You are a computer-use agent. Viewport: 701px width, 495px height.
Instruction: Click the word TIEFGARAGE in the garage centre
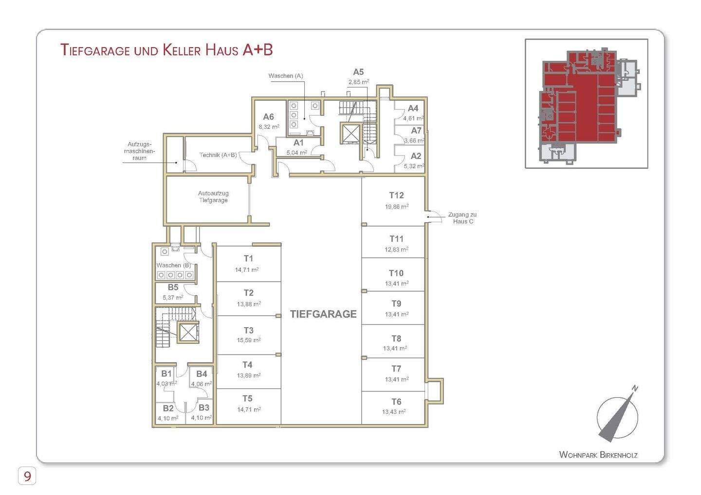coord(323,314)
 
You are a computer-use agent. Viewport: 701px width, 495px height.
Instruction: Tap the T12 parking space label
coord(396,195)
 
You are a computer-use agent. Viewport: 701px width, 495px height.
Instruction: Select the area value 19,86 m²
coord(397,207)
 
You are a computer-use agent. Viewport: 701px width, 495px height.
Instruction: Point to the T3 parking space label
coord(248,330)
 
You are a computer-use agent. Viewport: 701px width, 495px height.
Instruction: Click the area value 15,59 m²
coord(249,340)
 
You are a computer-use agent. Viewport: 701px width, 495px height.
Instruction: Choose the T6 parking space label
coord(396,402)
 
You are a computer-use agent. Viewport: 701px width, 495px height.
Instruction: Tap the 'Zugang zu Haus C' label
coord(462,218)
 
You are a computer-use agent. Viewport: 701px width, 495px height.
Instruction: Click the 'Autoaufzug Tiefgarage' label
coord(213,196)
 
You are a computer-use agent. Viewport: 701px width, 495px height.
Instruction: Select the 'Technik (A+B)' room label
coord(218,155)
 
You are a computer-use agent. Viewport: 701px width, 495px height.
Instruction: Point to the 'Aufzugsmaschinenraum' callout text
coord(140,151)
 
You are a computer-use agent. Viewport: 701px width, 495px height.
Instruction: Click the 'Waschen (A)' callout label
coord(286,76)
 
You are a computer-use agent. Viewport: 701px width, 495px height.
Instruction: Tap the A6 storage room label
coord(269,117)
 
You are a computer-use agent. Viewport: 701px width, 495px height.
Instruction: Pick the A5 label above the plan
coord(358,72)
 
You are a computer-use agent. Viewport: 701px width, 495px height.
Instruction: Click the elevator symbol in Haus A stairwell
coord(351,133)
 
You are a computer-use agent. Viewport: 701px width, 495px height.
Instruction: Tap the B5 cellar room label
coord(173,287)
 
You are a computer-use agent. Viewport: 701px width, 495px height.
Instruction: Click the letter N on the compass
coord(635,389)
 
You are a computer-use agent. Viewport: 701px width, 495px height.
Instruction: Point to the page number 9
coord(27,477)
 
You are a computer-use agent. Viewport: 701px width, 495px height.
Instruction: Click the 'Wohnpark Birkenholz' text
coord(598,455)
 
